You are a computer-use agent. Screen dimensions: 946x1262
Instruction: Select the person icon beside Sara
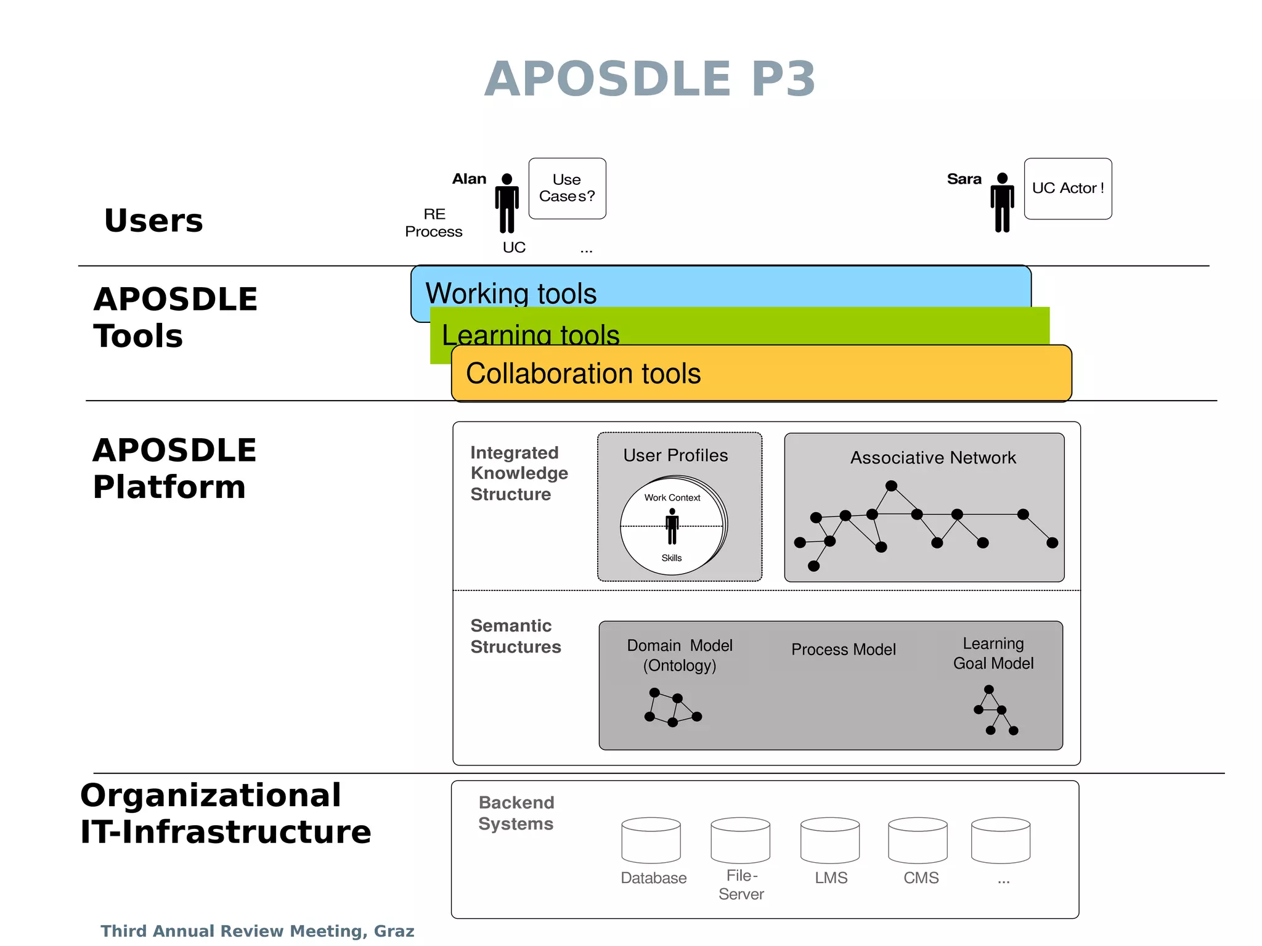(1002, 203)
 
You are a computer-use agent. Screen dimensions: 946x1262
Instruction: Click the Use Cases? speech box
(567, 189)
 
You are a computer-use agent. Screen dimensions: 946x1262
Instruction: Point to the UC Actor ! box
(1068, 189)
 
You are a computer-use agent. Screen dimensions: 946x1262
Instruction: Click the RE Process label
(434, 222)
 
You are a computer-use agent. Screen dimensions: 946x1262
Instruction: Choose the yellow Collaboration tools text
(583, 373)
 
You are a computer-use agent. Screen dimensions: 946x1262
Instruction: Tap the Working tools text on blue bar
(511, 293)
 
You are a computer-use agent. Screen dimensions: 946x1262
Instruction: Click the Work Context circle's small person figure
(672, 526)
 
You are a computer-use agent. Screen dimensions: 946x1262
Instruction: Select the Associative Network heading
(933, 457)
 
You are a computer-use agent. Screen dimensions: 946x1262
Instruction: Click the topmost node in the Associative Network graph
(891, 486)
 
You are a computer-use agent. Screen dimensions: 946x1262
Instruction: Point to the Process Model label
(843, 649)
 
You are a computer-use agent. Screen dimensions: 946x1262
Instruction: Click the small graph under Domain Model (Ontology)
(672, 707)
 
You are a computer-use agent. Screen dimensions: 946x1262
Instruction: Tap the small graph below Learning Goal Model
(995, 710)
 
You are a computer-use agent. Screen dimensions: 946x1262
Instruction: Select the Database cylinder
(651, 840)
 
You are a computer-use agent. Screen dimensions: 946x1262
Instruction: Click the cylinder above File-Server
(740, 840)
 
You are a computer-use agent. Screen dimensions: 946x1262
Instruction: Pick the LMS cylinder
(829, 840)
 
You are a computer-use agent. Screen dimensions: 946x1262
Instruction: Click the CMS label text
(921, 878)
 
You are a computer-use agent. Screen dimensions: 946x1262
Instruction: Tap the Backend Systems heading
(516, 813)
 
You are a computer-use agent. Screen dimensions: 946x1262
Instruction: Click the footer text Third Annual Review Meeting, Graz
(258, 931)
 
